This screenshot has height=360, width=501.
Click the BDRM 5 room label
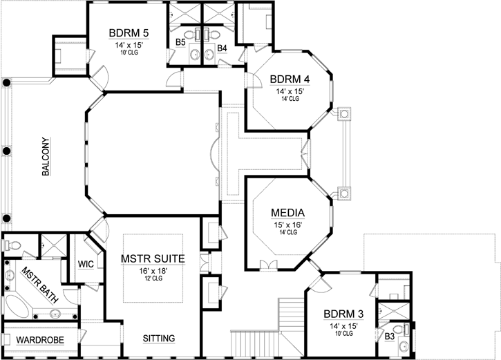(129, 32)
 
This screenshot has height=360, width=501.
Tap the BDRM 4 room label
(290, 78)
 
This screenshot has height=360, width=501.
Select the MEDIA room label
(288, 212)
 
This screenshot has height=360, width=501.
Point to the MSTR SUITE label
(153, 258)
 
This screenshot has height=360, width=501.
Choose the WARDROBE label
(40, 340)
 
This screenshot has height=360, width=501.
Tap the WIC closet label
(86, 264)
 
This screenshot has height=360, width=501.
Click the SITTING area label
(158, 339)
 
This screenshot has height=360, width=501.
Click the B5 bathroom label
(180, 43)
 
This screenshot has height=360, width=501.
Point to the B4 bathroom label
(222, 48)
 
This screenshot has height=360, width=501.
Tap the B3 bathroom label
(389, 337)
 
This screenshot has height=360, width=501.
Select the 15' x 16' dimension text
(288, 225)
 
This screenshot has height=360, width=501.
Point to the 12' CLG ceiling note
(153, 279)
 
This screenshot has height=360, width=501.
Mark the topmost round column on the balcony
(6, 83)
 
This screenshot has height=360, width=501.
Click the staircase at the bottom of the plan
(256, 341)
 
